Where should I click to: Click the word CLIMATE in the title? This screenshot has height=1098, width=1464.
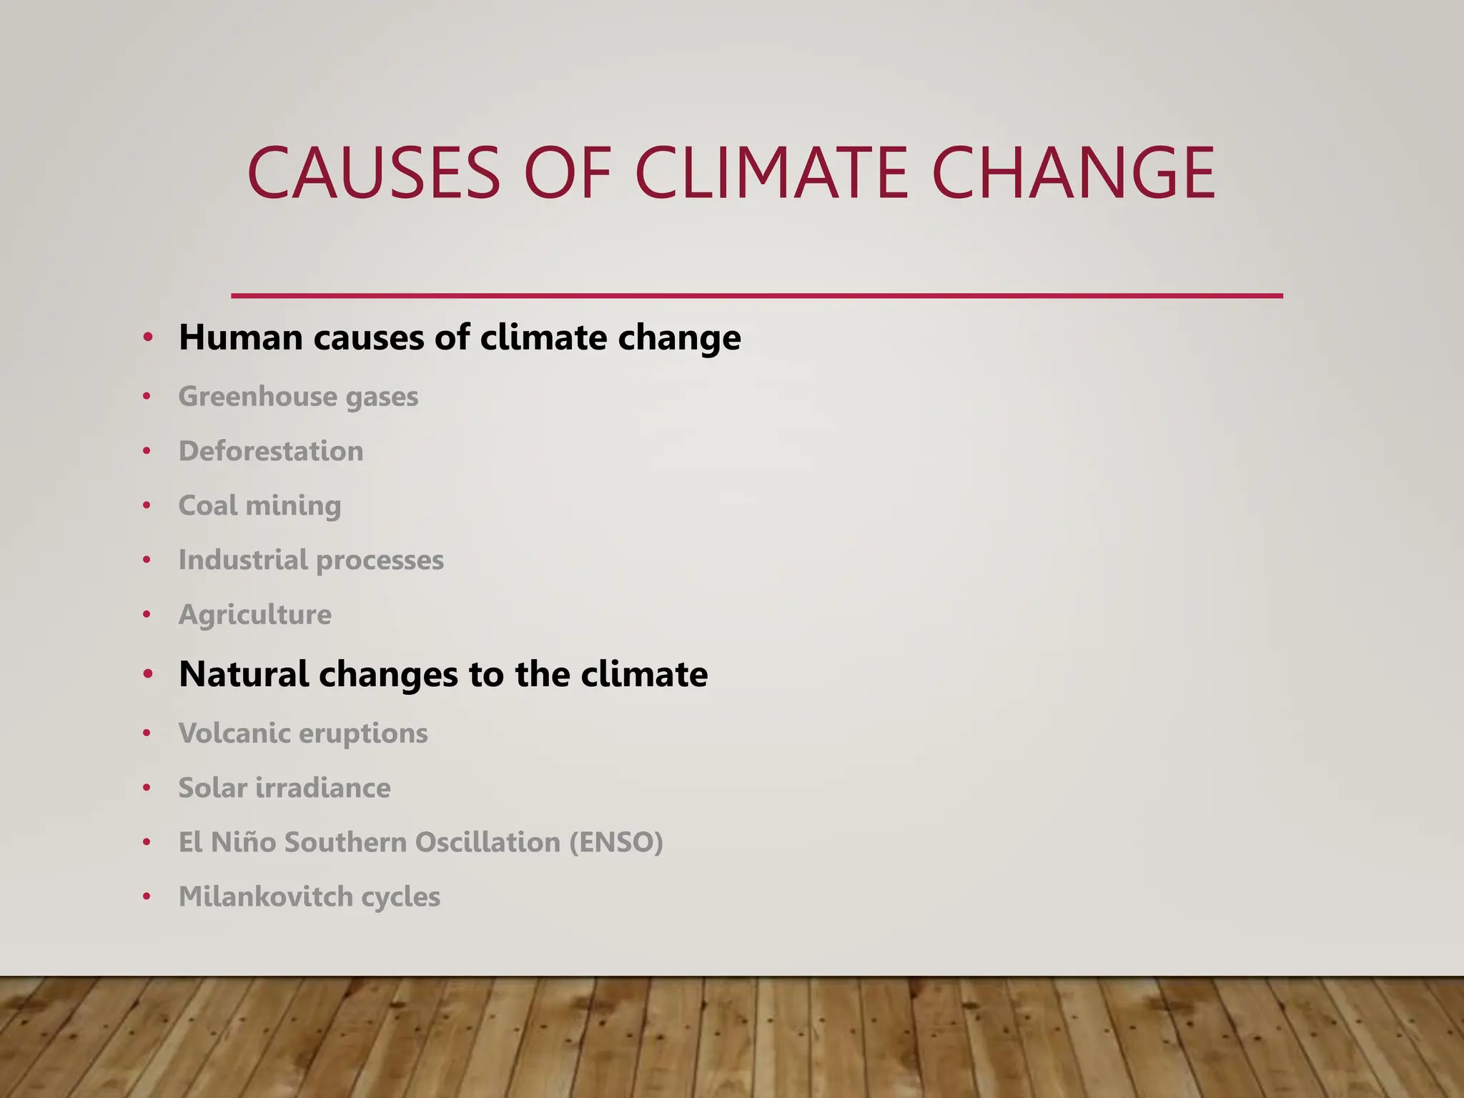pyautogui.click(x=772, y=173)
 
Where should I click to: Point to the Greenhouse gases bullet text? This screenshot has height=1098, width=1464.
pyautogui.click(x=298, y=397)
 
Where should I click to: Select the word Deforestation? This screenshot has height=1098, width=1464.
pyautogui.click(x=271, y=451)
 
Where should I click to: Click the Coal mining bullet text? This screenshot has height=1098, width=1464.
pyautogui.click(x=259, y=506)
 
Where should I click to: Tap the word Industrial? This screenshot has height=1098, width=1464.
pyautogui.click(x=243, y=560)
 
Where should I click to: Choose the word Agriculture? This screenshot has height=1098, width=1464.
pyautogui.click(x=254, y=615)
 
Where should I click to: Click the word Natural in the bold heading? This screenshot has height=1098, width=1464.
pyautogui.click(x=243, y=674)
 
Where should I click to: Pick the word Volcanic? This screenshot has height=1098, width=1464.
pyautogui.click(x=234, y=733)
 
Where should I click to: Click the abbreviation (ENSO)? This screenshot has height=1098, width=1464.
pyautogui.click(x=616, y=842)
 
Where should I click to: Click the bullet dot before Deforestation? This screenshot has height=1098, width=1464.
pyautogui.click(x=147, y=451)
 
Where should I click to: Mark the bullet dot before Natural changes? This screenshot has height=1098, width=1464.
pyautogui.click(x=147, y=673)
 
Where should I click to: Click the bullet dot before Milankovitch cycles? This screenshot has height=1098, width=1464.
pyautogui.click(x=147, y=896)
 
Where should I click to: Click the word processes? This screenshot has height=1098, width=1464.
pyautogui.click(x=380, y=560)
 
